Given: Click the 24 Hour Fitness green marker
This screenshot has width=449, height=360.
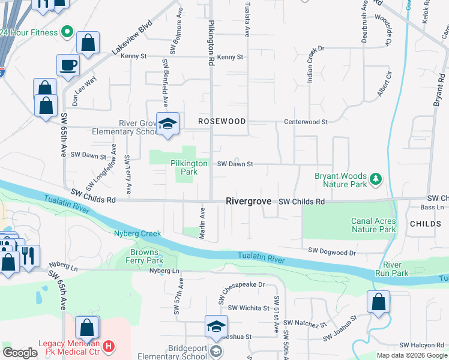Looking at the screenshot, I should (x=67, y=31).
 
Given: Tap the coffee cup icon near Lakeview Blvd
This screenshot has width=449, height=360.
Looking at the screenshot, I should (x=68, y=64).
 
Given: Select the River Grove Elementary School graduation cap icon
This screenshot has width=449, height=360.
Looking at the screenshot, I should (x=168, y=124).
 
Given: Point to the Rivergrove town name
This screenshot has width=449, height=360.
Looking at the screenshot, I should (x=249, y=202).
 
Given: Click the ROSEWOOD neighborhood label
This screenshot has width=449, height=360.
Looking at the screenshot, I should (x=222, y=121).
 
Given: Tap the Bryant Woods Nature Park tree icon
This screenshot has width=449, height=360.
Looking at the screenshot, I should (x=376, y=178).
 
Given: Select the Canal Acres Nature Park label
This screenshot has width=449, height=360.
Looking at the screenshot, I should (x=373, y=225).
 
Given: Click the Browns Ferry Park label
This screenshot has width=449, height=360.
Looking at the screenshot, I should (x=146, y=257).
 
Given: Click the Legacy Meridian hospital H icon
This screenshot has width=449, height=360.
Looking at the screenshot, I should (x=108, y=346).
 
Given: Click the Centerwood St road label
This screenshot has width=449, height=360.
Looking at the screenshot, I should (x=307, y=122).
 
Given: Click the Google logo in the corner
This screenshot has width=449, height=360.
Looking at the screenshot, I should (x=20, y=353).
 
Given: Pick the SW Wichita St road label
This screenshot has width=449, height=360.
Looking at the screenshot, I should (x=249, y=308).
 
